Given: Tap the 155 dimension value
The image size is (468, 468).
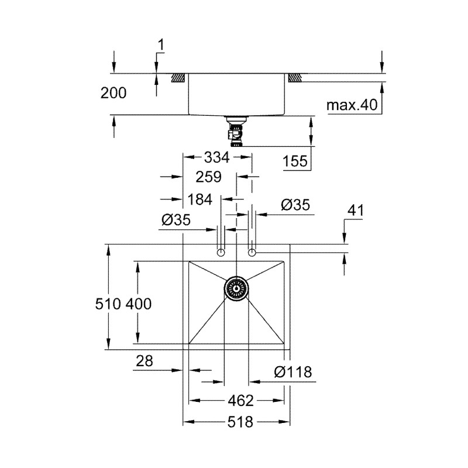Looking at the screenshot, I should (295, 161).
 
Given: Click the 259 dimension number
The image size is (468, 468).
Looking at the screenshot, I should (209, 177).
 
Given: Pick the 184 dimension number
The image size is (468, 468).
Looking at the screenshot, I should (200, 199).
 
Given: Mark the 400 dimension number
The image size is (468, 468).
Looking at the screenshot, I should (139, 304).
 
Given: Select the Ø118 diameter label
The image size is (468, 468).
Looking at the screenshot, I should (292, 372).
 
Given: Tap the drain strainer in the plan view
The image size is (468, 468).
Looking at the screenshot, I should (236, 288).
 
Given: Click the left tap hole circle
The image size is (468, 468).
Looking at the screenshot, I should (221, 252).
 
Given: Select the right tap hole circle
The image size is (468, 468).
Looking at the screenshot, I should (252, 252).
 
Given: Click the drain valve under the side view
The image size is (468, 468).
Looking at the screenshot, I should (236, 132).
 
